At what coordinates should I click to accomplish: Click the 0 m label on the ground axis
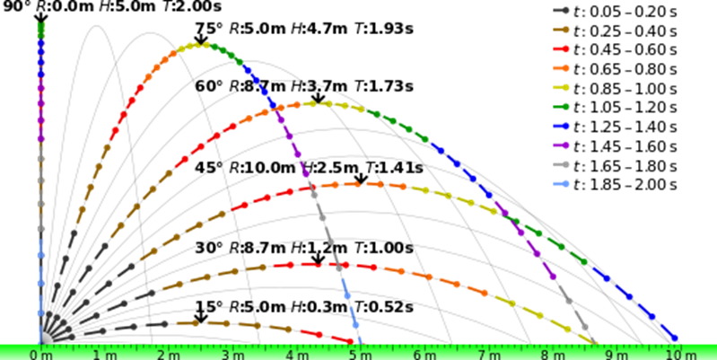(40, 355)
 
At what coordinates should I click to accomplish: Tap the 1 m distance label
(104, 355)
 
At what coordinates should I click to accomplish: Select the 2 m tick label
(168, 355)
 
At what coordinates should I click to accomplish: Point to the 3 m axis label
(232, 355)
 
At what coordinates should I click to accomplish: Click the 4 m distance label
(295, 355)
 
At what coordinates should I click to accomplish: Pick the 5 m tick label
(359, 355)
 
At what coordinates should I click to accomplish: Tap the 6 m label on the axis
(423, 355)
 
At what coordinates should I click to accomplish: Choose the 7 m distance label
(486, 355)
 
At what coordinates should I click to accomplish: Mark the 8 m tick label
(550, 355)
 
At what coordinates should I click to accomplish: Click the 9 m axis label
(614, 355)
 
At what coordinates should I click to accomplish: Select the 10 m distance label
(680, 355)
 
